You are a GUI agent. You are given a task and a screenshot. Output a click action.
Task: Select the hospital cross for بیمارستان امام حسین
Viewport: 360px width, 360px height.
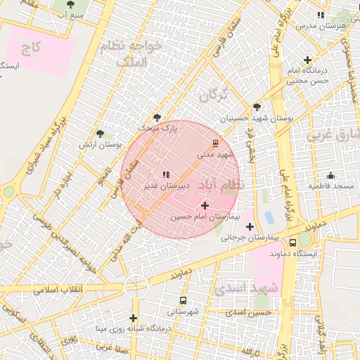coord(205,205)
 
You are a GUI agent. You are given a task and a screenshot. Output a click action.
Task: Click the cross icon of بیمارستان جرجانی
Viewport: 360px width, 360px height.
coord(250,226)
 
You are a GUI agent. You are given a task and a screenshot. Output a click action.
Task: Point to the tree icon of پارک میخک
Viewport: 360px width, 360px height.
coord(157,117)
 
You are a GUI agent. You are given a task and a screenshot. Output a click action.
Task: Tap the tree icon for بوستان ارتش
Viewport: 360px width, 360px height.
coord(100,133)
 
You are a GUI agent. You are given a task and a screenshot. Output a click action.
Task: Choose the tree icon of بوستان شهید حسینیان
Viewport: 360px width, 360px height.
coord(257,108)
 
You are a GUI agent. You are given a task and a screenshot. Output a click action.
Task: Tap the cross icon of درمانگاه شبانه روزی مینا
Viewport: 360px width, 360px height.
coord(133,318)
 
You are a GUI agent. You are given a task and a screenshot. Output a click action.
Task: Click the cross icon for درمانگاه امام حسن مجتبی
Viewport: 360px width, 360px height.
coord(307,60)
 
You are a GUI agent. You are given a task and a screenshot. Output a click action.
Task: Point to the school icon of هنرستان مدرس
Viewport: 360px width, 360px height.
coord(321,14)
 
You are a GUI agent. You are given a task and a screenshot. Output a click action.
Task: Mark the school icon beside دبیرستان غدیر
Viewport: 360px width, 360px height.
coord(166,174)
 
